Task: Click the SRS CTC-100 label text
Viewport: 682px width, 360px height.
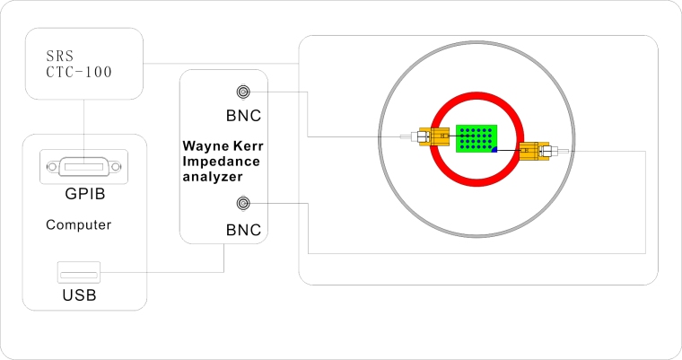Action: pyautogui.click(x=79, y=62)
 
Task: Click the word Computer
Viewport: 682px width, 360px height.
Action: pyautogui.click(x=79, y=225)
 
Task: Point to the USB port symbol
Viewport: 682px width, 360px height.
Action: pyautogui.click(x=80, y=270)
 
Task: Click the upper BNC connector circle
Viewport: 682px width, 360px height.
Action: pyautogui.click(x=242, y=92)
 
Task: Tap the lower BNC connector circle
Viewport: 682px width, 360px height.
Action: pyautogui.click(x=242, y=203)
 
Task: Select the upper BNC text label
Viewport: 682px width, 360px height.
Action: pyautogui.click(x=243, y=117)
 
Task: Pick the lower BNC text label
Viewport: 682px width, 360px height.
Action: pyautogui.click(x=243, y=231)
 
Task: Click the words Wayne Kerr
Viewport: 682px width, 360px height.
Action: pyautogui.click(x=223, y=144)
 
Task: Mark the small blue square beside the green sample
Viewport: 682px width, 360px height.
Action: pyautogui.click(x=494, y=149)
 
